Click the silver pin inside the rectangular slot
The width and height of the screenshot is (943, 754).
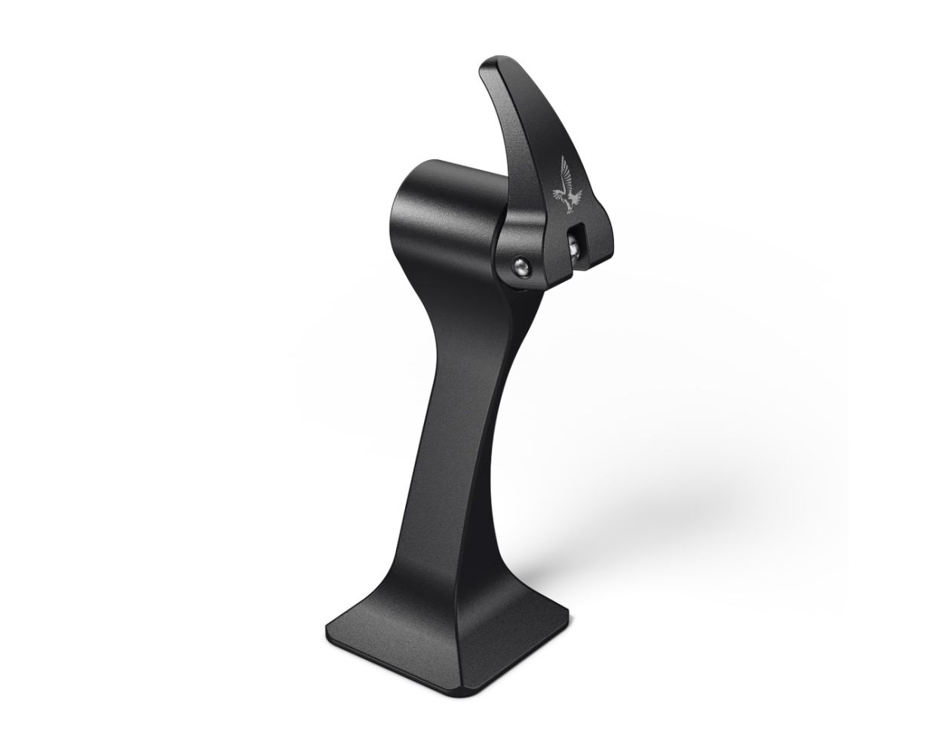(576, 246)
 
